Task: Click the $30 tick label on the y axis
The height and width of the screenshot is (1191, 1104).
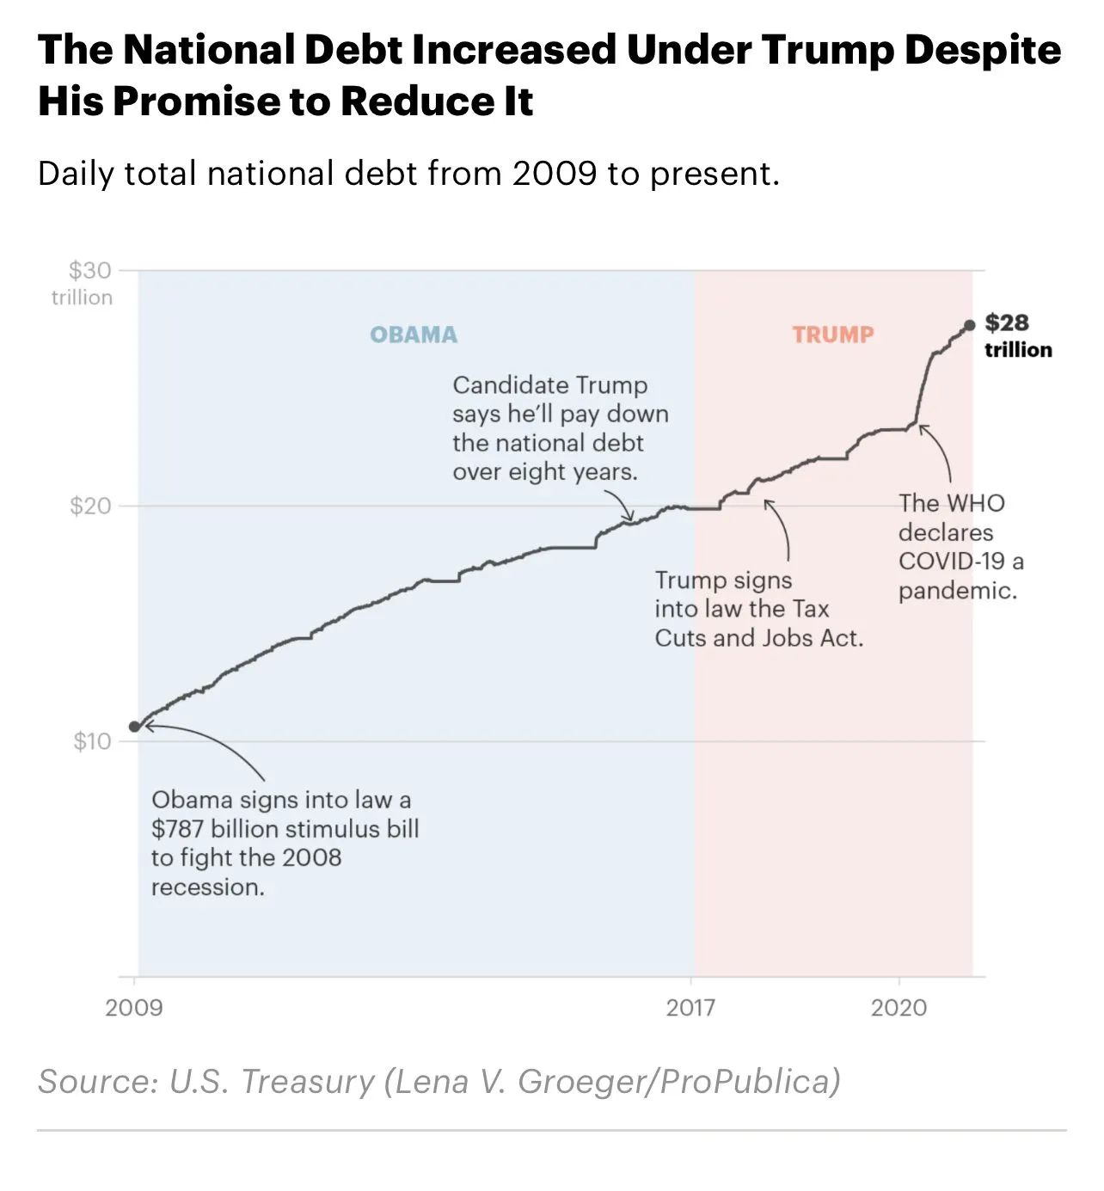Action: click(x=90, y=271)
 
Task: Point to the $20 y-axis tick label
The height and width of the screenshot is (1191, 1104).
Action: click(x=90, y=506)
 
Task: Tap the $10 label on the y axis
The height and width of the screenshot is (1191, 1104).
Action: click(x=92, y=741)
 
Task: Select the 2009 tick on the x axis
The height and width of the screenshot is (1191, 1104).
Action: click(x=134, y=1008)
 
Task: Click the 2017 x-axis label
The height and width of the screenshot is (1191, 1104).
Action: click(x=690, y=1008)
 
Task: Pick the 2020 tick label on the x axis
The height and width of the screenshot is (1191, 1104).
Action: click(x=899, y=1008)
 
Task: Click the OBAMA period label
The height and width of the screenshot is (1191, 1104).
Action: click(x=414, y=335)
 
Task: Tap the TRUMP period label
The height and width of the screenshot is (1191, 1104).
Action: click(x=832, y=335)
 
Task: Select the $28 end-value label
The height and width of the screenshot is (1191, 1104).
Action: click(x=1007, y=323)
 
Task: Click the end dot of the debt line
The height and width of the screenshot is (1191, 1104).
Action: click(x=970, y=325)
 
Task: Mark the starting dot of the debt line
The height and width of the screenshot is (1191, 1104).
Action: click(x=134, y=727)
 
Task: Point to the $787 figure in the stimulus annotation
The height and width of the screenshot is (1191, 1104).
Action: click(x=178, y=829)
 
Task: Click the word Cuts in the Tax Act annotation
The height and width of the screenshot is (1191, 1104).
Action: click(x=680, y=638)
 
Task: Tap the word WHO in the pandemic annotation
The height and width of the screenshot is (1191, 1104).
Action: click(x=975, y=503)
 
